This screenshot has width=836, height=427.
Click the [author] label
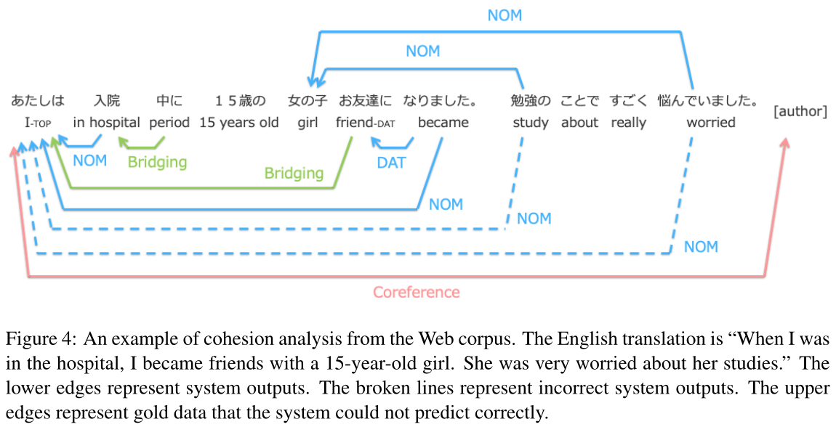pyautogui.click(x=801, y=112)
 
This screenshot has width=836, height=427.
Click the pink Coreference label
pyautogui.click(x=416, y=293)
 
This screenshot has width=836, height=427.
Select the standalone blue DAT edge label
pyautogui.click(x=391, y=163)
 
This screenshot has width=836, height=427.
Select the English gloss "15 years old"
pyautogui.click(x=239, y=123)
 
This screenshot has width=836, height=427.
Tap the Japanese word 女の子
pyautogui.click(x=308, y=100)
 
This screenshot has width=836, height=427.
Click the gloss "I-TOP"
pyautogui.click(x=38, y=123)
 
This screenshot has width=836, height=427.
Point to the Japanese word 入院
pyautogui.click(x=107, y=100)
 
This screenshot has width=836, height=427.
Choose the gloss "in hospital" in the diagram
pyautogui.click(x=107, y=123)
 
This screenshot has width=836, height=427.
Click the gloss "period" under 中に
pyautogui.click(x=169, y=123)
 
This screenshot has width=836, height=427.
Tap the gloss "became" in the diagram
pyautogui.click(x=443, y=123)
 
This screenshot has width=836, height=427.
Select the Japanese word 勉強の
pyautogui.click(x=531, y=100)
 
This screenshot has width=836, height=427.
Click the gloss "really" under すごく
pyautogui.click(x=628, y=123)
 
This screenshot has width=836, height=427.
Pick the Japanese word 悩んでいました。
pyautogui.click(x=708, y=100)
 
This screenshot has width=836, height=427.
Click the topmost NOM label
pyautogui.click(x=505, y=15)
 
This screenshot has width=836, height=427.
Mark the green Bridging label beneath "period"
pyautogui.click(x=157, y=162)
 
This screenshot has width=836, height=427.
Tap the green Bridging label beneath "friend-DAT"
pyautogui.click(x=294, y=173)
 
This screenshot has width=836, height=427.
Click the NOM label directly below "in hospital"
pyautogui.click(x=90, y=160)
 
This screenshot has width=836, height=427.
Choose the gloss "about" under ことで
pyautogui.click(x=579, y=123)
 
